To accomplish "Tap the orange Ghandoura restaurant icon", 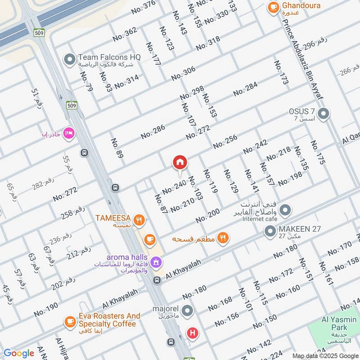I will click(272, 7).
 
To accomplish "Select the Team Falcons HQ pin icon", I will click(69, 59).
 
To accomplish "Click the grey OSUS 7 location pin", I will click(323, 114).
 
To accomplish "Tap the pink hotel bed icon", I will click(68, 133).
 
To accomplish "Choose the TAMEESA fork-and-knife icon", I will click(140, 220).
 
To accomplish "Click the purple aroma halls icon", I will click(156, 261).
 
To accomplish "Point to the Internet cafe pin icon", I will click(285, 210).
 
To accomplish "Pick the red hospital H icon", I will click(193, 333).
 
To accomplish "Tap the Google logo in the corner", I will click(18, 353).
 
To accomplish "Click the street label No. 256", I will click(225, 142).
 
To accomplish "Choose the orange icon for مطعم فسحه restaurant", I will click(222, 238).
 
